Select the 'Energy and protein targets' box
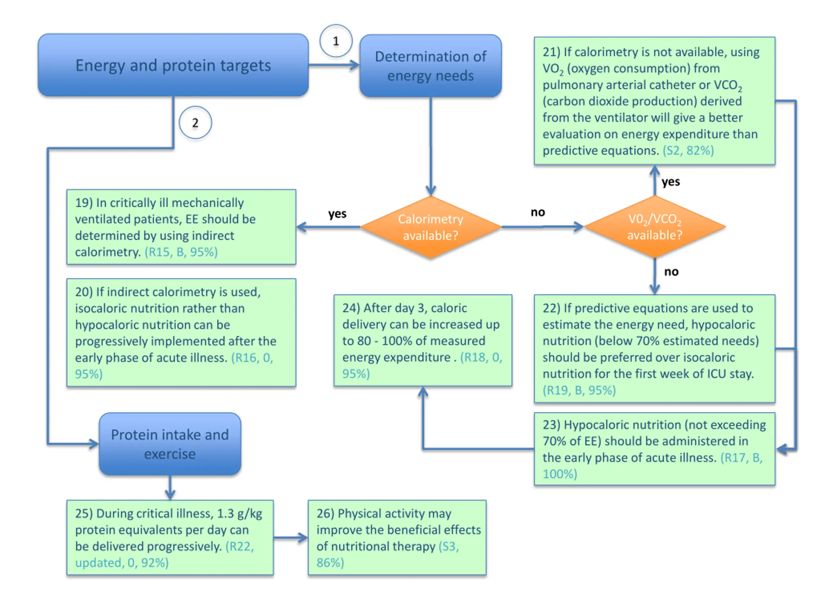173,65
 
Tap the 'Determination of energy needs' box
430,66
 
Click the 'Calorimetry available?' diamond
430,227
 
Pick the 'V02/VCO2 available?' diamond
655,227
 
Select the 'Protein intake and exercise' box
170,444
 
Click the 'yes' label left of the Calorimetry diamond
337,214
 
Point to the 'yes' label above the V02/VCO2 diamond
671,182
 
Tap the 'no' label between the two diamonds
538,212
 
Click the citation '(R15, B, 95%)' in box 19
181,252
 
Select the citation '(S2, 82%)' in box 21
688,151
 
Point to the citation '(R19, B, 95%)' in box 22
579,390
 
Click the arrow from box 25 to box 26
291,537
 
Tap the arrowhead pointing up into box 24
423,391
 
